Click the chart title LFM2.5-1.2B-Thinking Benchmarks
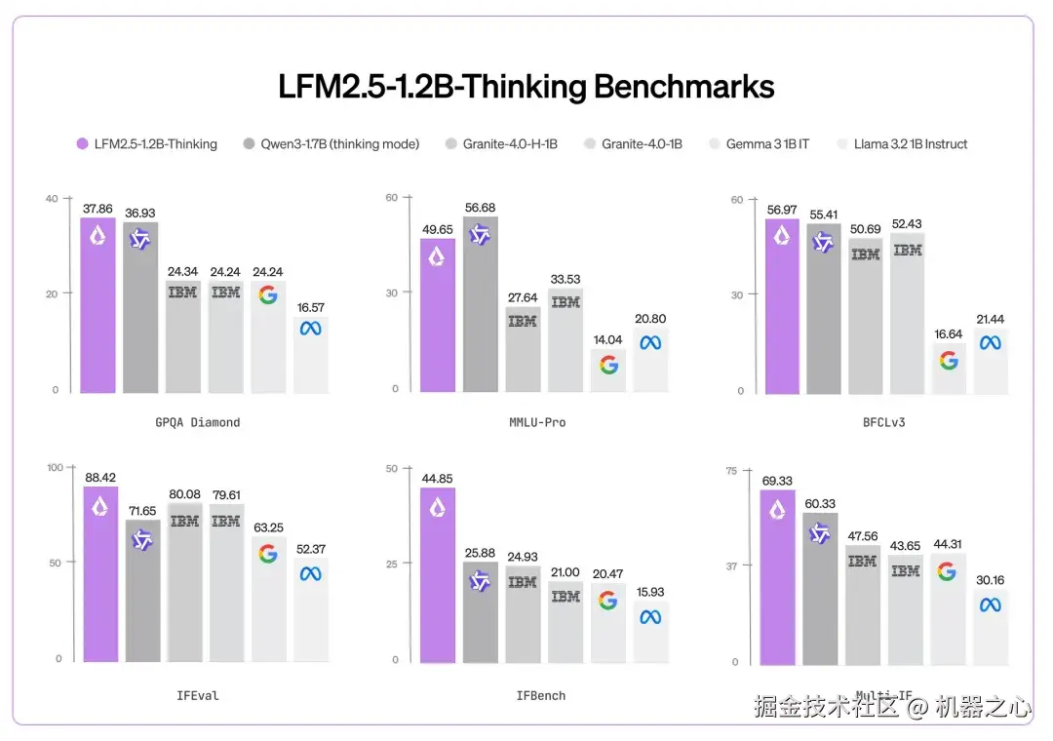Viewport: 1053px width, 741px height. [x=526, y=87]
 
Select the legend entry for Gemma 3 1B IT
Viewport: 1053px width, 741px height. [x=766, y=144]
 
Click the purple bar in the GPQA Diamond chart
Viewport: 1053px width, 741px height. [x=97, y=307]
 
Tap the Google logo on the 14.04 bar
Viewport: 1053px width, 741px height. [x=608, y=365]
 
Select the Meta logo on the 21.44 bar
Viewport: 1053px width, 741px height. [x=991, y=342]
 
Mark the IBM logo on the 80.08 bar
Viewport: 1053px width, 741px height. [x=184, y=522]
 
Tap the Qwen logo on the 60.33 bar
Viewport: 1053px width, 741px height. [x=820, y=533]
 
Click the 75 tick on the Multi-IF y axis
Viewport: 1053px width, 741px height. [x=732, y=471]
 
